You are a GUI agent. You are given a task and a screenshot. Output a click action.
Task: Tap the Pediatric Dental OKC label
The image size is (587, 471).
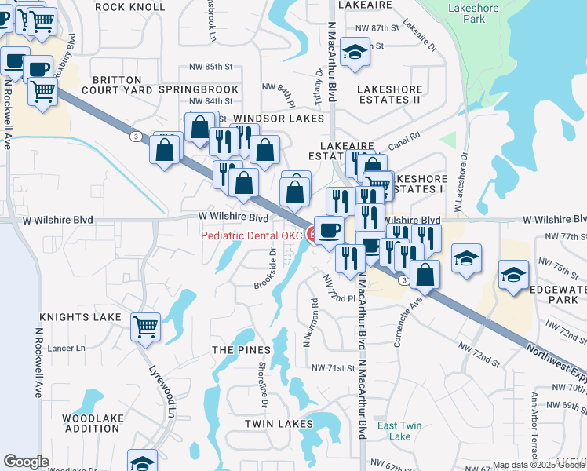click(x=251, y=235)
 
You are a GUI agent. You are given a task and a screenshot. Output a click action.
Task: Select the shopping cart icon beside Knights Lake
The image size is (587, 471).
click(x=145, y=327)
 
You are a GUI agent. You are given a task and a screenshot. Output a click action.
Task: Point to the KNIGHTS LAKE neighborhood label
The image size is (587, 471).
click(x=81, y=317)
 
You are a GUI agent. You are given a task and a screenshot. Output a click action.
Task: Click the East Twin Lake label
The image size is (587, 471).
click(x=399, y=431)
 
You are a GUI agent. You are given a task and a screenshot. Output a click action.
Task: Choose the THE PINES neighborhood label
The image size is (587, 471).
click(x=241, y=349)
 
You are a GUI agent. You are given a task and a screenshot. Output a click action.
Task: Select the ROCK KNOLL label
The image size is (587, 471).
click(x=130, y=7)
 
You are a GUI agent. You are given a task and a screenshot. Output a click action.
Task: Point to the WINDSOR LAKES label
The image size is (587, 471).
click(x=279, y=119)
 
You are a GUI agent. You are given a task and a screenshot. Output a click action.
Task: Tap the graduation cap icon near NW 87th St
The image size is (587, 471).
click(x=355, y=53)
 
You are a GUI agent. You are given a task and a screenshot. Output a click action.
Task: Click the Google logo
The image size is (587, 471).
click(x=26, y=462)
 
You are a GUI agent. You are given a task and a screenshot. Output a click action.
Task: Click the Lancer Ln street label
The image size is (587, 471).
click(x=67, y=348)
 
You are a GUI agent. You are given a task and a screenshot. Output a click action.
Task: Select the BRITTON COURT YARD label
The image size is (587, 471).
click(x=116, y=85)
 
